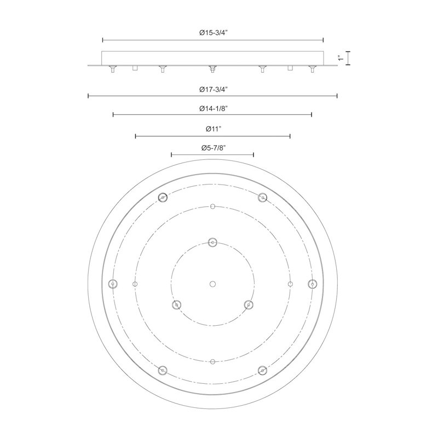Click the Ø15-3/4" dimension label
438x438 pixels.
[214, 33]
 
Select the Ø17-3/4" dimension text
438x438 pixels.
[214, 89]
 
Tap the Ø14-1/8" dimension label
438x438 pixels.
[214, 108]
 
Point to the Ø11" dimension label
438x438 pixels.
[214, 129]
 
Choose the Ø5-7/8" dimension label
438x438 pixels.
[214, 148]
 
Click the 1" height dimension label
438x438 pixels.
[341, 58]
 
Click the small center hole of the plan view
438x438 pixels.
[212, 284]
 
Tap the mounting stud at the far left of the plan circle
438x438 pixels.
[113, 284]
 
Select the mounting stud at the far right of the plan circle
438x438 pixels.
[312, 284]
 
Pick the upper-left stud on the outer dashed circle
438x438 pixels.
[163, 198]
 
